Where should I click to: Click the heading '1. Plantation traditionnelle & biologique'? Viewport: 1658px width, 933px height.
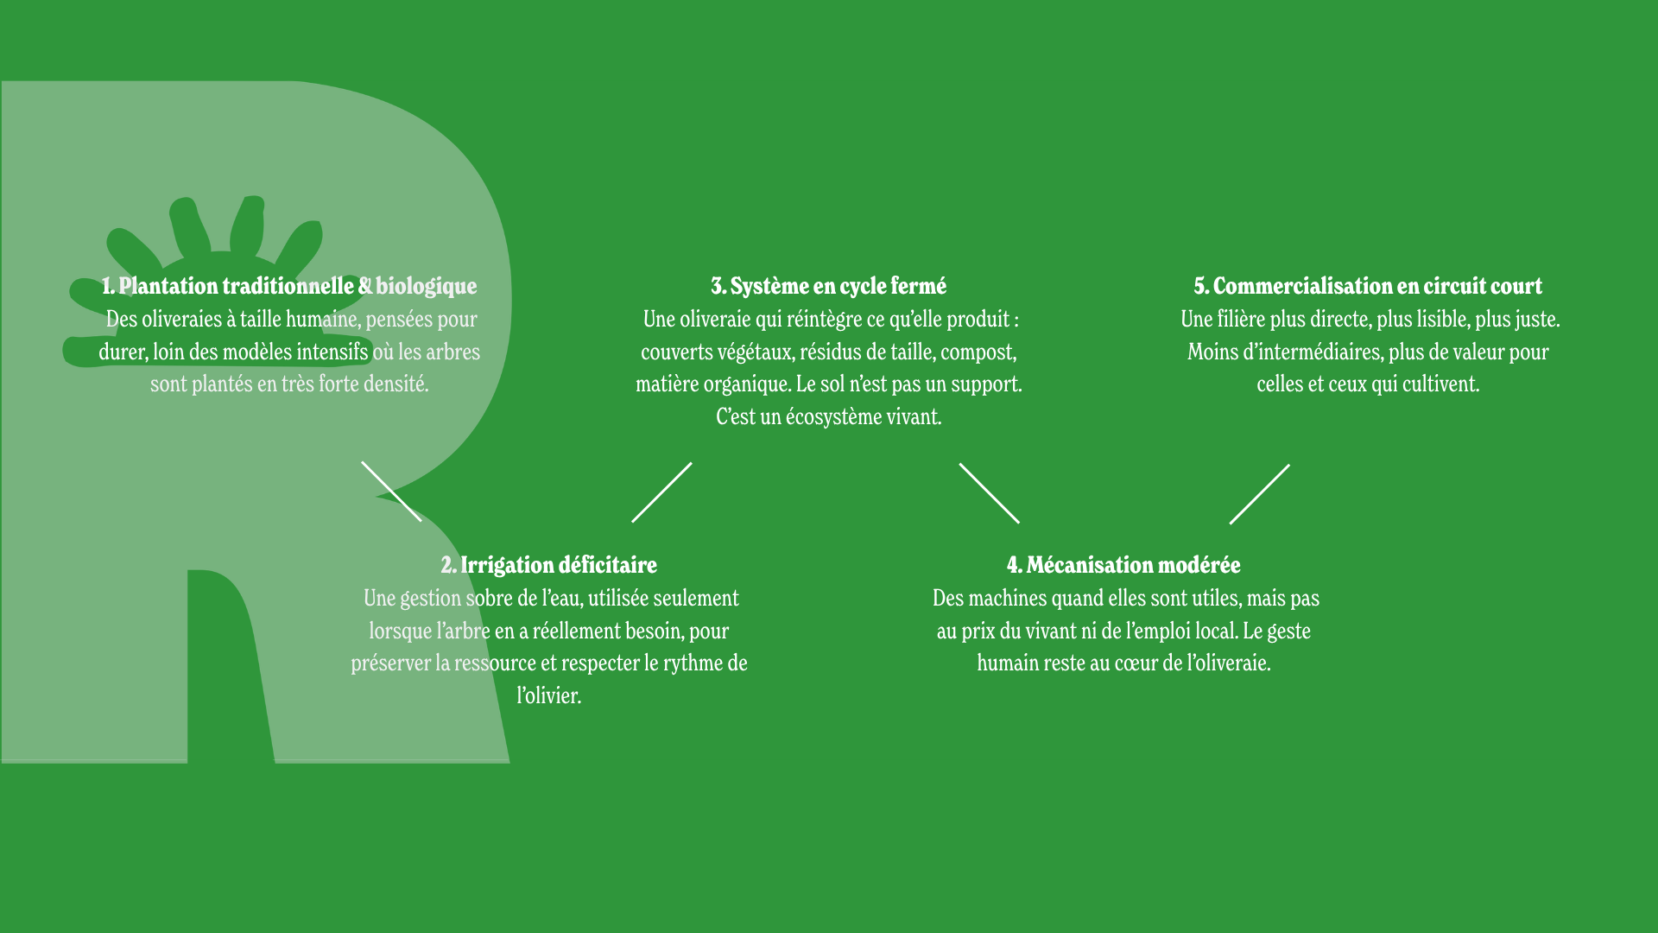pyautogui.click(x=289, y=286)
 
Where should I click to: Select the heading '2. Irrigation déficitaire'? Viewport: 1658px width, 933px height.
pyautogui.click(x=549, y=565)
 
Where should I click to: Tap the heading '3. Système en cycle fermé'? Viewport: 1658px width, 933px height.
pyautogui.click(x=829, y=286)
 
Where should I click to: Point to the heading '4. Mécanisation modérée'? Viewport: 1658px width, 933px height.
pyautogui.click(x=1123, y=565)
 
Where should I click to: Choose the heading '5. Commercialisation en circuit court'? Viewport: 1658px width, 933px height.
pyautogui.click(x=1368, y=286)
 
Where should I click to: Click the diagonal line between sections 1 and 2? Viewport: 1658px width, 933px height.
pyautogui.click(x=391, y=492)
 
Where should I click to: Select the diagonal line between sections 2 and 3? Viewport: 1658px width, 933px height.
pyautogui.click(x=661, y=492)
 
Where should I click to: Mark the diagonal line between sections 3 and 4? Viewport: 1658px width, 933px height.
pyautogui.click(x=990, y=493)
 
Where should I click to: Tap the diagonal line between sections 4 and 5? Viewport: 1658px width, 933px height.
pyautogui.click(x=1260, y=494)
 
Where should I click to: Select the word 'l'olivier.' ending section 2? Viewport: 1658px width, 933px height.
pyautogui.click(x=549, y=695)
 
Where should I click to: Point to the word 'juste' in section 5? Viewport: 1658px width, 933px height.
pyautogui.click(x=1536, y=320)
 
